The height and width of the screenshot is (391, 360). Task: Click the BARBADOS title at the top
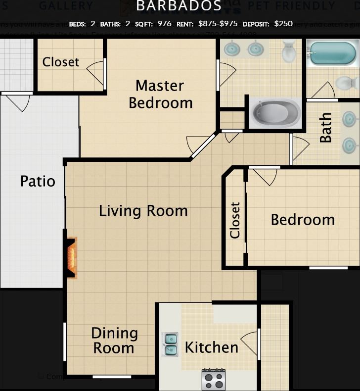(x=179, y=6)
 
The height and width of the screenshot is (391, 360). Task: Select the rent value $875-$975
(x=218, y=24)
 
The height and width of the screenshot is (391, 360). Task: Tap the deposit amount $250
(x=283, y=24)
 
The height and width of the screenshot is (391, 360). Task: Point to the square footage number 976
(x=164, y=24)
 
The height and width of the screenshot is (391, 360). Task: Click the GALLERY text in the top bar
(x=66, y=6)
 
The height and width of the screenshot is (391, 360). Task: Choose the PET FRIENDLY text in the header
(x=291, y=6)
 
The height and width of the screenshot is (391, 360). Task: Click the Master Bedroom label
(x=160, y=94)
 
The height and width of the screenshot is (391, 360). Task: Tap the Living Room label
(x=143, y=211)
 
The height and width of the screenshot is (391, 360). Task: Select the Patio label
(x=38, y=181)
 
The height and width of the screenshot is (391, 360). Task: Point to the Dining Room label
(x=114, y=341)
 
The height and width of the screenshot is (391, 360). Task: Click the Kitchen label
(x=211, y=347)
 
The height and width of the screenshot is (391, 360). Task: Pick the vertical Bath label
(x=325, y=128)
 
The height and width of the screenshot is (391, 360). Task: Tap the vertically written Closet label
(x=235, y=220)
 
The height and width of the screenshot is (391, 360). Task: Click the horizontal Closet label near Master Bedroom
(x=60, y=62)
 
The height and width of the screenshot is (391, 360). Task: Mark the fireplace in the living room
(x=72, y=258)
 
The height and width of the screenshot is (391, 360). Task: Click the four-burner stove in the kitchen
(x=213, y=380)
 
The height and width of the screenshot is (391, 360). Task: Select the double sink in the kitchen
(x=171, y=344)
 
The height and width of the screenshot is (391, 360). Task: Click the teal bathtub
(x=331, y=53)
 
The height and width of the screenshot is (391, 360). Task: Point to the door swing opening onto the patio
(x=18, y=102)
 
